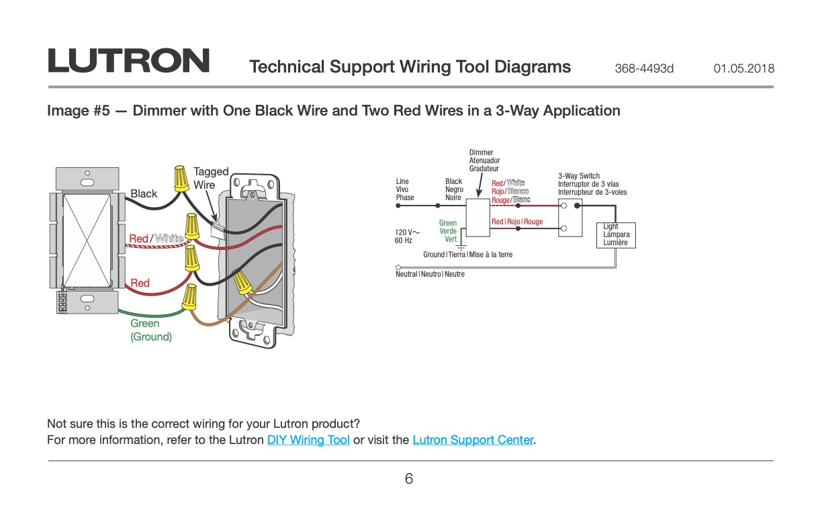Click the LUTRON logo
(128, 60)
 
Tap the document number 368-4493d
(644, 69)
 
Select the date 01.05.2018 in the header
(744, 69)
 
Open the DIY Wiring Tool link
(308, 440)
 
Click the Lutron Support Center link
(473, 440)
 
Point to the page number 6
(409, 479)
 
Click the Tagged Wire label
(211, 178)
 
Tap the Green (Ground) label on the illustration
(151, 330)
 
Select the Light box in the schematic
(616, 235)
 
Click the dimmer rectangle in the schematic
(477, 218)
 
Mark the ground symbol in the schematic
(461, 247)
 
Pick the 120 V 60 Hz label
(406, 236)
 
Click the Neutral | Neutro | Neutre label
(430, 274)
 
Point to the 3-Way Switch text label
(579, 176)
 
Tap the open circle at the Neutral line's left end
(398, 267)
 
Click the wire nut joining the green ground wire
(189, 298)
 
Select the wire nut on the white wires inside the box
(242, 282)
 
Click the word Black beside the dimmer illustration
(144, 193)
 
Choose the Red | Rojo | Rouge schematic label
(517, 222)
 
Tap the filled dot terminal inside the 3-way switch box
(578, 206)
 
